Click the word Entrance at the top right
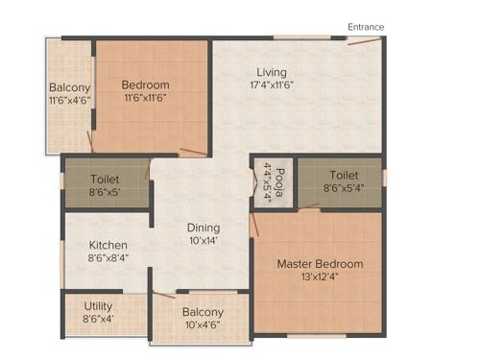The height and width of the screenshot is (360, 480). pyautogui.click(x=366, y=27)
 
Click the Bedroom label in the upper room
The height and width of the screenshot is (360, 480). pyautogui.click(x=146, y=84)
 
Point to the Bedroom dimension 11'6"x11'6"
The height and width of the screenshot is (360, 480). pyautogui.click(x=146, y=98)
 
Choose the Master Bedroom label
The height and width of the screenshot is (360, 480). pyautogui.click(x=320, y=264)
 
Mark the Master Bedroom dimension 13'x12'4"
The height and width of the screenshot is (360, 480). pyautogui.click(x=320, y=278)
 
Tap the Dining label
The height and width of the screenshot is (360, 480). pyautogui.click(x=204, y=228)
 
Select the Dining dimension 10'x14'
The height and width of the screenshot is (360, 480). pyautogui.click(x=204, y=241)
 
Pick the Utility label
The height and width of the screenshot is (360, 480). pyautogui.click(x=98, y=305)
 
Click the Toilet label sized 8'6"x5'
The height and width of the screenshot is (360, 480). pyautogui.click(x=105, y=179)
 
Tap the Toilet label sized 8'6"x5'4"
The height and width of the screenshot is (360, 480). pyautogui.click(x=343, y=176)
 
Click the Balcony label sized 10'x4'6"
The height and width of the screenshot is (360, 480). pyautogui.click(x=203, y=312)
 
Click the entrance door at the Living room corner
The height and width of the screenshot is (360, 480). pyautogui.click(x=363, y=45)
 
